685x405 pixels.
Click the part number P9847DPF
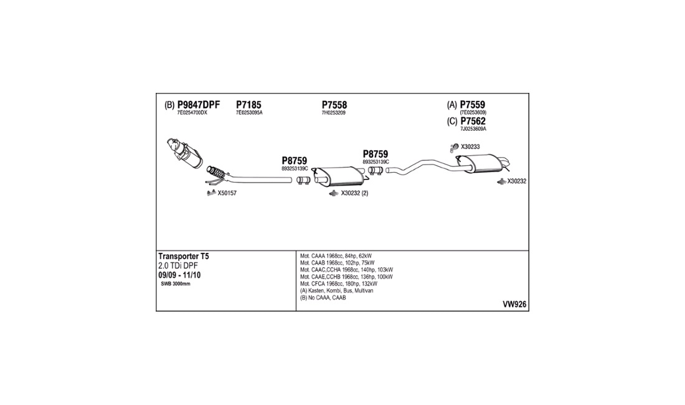coord(198,105)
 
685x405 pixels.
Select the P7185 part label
coord(248,105)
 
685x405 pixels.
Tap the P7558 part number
coord(334,105)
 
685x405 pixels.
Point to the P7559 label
coord(472,105)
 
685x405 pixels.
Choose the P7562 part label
coord(473,121)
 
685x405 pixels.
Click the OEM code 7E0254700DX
coord(192,113)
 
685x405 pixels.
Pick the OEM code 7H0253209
coord(333,113)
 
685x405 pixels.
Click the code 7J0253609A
coord(473,129)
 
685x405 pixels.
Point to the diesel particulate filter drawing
coord(185,153)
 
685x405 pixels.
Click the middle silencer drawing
coord(339,176)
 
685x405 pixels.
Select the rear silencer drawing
coord(482,163)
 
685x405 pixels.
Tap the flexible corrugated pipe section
coord(217,173)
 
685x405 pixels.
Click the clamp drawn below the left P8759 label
coord(303,180)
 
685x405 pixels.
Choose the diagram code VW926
coord(514,305)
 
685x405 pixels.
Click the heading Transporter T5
coord(184,257)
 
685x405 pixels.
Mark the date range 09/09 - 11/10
coord(179,275)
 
